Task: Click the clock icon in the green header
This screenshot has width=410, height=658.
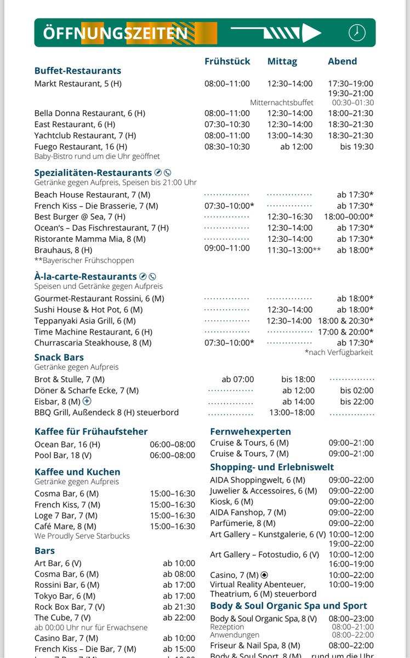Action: pyautogui.click(x=357, y=32)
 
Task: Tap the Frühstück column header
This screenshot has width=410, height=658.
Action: pyautogui.click(x=227, y=61)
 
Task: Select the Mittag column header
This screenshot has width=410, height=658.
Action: pyautogui.click(x=282, y=61)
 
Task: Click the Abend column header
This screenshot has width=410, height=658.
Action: pyautogui.click(x=342, y=61)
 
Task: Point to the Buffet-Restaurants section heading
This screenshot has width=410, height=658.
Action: pyautogui.click(x=77, y=71)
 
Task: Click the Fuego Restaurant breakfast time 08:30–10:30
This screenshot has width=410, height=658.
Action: pyautogui.click(x=227, y=146)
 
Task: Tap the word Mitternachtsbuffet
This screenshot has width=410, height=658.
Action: pyautogui.click(x=282, y=103)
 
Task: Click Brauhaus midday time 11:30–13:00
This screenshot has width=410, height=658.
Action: pyautogui.click(x=294, y=250)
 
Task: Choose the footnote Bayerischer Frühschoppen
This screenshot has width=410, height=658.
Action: pyautogui.click(x=84, y=260)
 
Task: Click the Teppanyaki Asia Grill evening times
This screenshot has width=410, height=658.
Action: pyautogui.click(x=345, y=321)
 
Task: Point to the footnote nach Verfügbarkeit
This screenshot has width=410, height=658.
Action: pyautogui.click(x=339, y=353)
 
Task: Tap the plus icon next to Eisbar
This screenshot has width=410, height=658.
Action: pyautogui.click(x=87, y=401)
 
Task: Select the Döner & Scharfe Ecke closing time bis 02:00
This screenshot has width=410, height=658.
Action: pyautogui.click(x=357, y=390)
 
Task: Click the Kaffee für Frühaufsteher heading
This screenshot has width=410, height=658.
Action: pyautogui.click(x=91, y=432)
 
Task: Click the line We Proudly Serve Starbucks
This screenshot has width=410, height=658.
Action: pyautogui.click(x=82, y=536)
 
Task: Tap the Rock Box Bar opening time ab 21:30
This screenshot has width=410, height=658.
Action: pyautogui.click(x=179, y=607)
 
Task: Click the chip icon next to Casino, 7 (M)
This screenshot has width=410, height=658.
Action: pyautogui.click(x=264, y=575)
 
